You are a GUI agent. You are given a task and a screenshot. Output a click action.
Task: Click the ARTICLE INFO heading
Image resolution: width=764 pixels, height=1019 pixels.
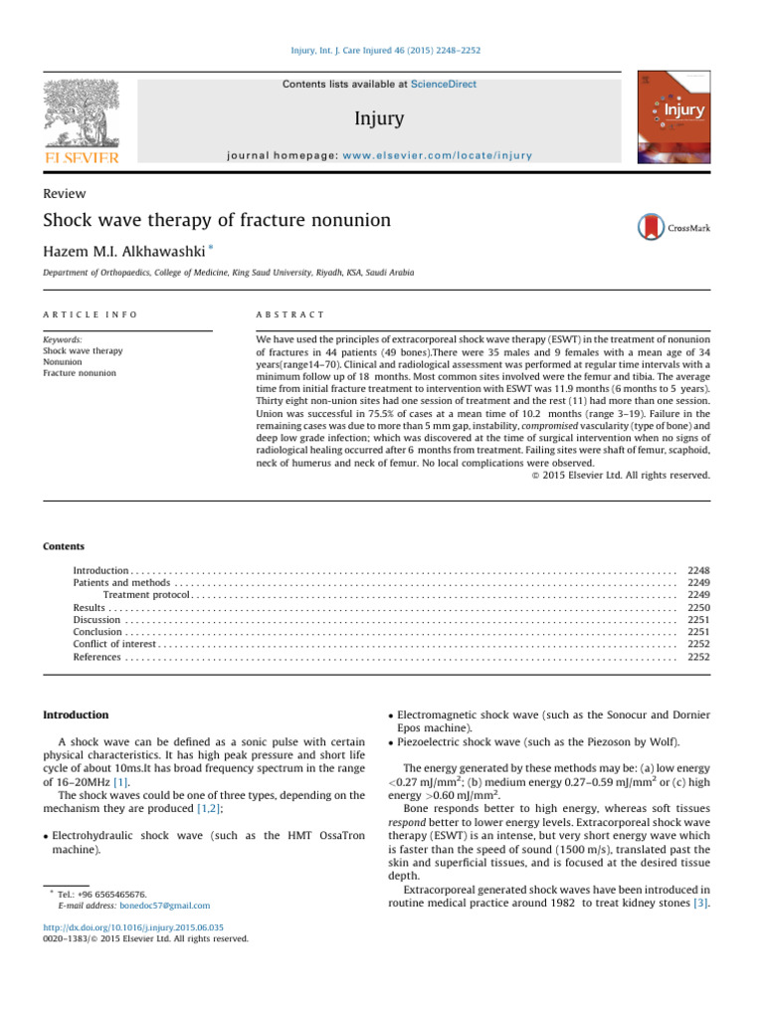point(91,314)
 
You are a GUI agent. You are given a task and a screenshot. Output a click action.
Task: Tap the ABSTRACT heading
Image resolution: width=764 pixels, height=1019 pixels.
point(290,314)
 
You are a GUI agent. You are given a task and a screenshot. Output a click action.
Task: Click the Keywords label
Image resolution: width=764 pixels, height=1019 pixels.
point(62,339)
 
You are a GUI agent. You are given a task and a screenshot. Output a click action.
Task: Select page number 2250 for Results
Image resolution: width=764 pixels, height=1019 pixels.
point(699,606)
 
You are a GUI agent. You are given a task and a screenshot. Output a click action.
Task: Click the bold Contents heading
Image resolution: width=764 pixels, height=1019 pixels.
point(64,546)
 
